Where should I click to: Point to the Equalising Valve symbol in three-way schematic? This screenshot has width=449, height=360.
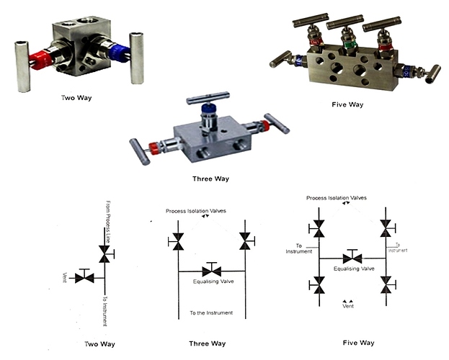212,271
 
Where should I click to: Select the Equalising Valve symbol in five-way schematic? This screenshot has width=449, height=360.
353,257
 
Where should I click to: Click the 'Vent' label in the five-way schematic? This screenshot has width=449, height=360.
347,306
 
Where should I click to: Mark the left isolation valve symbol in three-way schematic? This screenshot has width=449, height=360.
177,243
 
